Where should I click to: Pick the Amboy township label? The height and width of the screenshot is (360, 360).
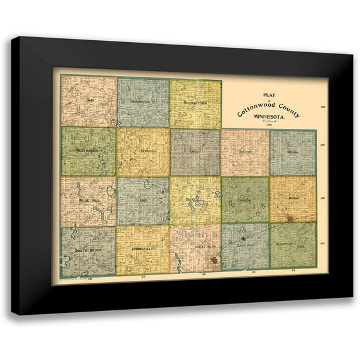pos(195,151)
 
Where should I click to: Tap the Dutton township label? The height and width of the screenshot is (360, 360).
pos(244,151)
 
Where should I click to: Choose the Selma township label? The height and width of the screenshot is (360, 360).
pos(292,151)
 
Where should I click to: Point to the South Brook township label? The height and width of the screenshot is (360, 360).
pos(88,250)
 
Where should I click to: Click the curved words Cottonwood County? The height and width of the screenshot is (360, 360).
pos(269,107)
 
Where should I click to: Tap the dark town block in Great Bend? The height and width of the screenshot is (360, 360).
pos(214,259)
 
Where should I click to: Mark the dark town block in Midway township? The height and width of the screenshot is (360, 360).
pos(290,218)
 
